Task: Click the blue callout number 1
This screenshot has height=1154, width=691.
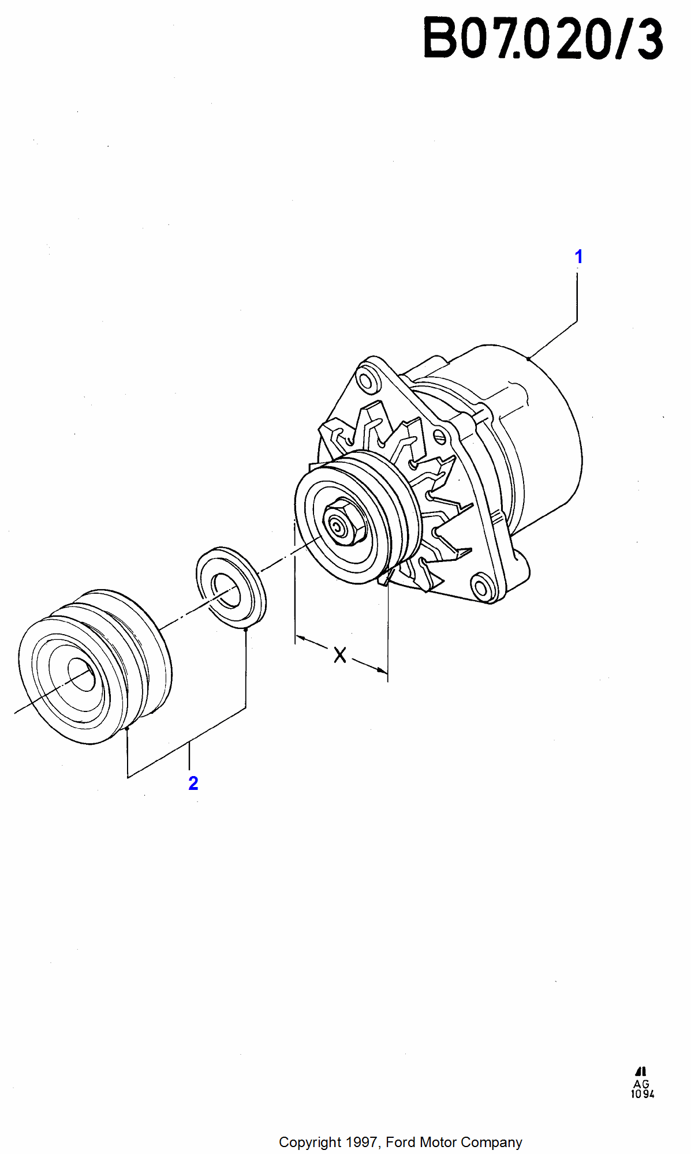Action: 578,257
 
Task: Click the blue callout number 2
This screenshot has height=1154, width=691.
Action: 193,783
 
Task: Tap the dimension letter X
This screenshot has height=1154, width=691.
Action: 340,655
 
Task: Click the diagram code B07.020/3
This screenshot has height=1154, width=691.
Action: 543,39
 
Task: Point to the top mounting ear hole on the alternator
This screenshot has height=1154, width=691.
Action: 366,380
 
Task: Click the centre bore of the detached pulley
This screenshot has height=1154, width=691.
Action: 81,674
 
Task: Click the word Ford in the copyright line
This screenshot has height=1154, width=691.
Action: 400,1142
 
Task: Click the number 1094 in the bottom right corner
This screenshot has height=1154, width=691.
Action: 643,1094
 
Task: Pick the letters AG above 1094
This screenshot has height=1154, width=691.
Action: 641,1084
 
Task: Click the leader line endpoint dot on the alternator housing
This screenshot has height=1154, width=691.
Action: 528,359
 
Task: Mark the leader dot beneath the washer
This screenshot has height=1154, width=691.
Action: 246,630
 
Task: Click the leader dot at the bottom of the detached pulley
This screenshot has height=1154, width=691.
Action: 127,729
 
